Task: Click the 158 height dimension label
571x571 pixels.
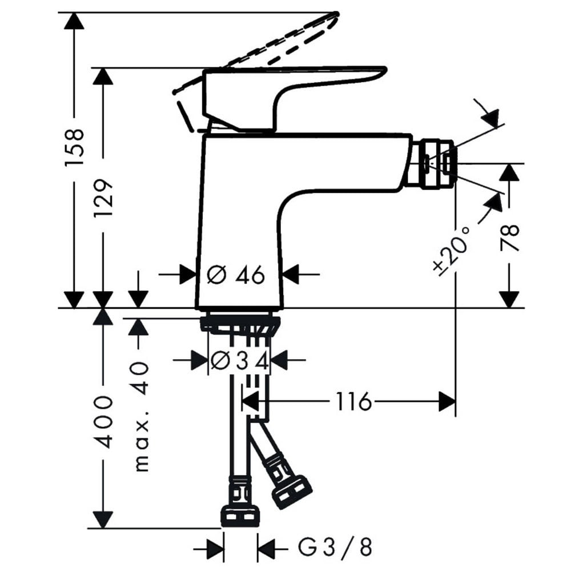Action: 75,147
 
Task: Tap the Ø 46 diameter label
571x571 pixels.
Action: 236,275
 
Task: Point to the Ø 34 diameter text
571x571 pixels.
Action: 240,361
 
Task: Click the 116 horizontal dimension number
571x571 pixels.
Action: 353,401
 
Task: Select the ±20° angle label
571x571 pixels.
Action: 452,251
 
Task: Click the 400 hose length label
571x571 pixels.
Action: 104,423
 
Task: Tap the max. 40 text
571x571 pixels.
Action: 141,416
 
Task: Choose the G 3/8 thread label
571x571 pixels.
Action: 335,548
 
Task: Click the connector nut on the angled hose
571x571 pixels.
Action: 291,489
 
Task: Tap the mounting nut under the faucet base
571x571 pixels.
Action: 240,324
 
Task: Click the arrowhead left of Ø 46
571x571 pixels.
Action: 188,274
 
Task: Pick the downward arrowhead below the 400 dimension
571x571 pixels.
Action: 103,520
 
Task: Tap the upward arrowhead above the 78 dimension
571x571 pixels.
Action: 509,172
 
